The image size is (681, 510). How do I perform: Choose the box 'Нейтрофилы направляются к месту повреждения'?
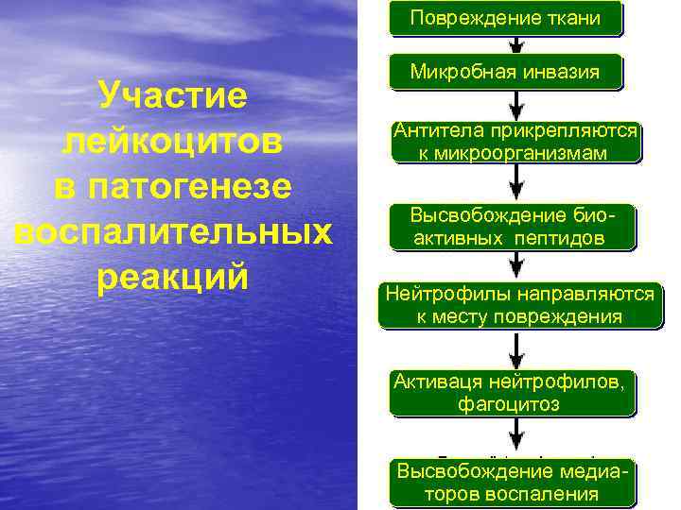pyautogui.click(x=519, y=305)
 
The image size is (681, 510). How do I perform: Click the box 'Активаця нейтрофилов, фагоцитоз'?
pyautogui.click(x=512, y=392)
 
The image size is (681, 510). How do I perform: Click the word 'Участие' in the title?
pyautogui.click(x=173, y=96)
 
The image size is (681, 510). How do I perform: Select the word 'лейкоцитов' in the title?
pyautogui.click(x=172, y=141)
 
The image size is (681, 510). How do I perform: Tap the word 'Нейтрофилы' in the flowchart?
pyautogui.click(x=442, y=294)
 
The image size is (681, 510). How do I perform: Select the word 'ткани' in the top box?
pyautogui.click(x=573, y=18)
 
